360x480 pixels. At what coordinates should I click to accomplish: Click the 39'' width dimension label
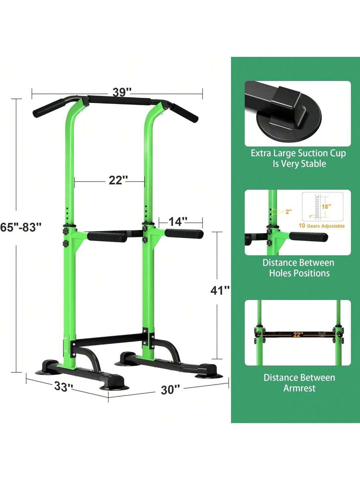(122, 92)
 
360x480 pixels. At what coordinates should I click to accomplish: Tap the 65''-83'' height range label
(21, 227)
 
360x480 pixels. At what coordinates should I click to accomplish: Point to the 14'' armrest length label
(178, 221)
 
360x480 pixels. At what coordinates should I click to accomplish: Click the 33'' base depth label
(64, 386)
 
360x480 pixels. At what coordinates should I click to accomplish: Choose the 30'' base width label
(170, 390)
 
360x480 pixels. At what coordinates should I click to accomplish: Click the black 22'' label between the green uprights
(118, 180)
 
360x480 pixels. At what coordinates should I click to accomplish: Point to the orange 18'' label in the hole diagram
(326, 206)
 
